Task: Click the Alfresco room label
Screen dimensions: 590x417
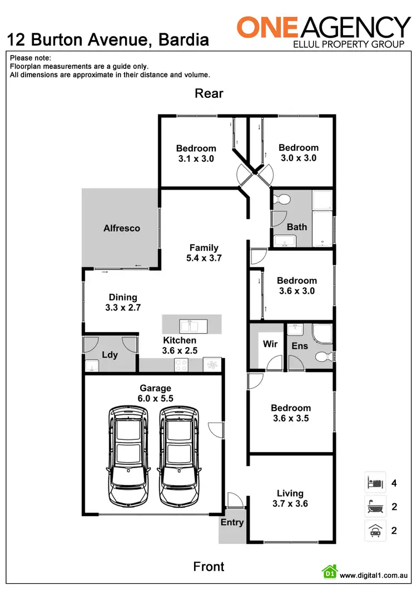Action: pyautogui.click(x=121, y=228)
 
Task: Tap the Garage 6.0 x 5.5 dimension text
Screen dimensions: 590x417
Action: pyautogui.click(x=155, y=399)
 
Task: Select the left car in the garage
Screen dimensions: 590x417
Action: pyautogui.click(x=129, y=454)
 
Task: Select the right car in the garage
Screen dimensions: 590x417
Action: pyautogui.click(x=178, y=454)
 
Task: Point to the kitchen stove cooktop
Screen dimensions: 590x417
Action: pyautogui.click(x=181, y=365)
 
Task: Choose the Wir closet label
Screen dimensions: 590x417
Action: pyautogui.click(x=270, y=344)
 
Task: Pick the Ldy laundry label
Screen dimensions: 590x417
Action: pyautogui.click(x=110, y=354)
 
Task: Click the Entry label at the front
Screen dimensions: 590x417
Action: pyautogui.click(x=232, y=522)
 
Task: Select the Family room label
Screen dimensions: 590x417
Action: pyautogui.click(x=204, y=247)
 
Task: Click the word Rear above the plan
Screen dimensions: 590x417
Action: pyautogui.click(x=209, y=93)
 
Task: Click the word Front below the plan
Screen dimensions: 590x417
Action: pyautogui.click(x=209, y=567)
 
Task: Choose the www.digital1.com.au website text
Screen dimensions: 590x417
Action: pyautogui.click(x=375, y=576)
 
